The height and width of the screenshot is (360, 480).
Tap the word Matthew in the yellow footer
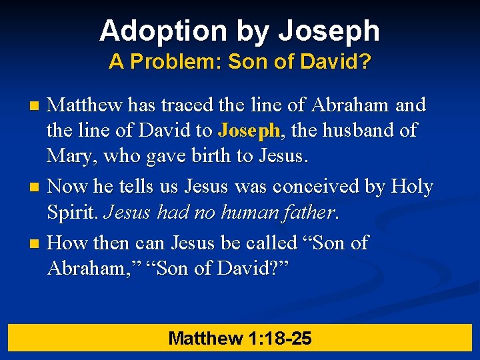[206, 338]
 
